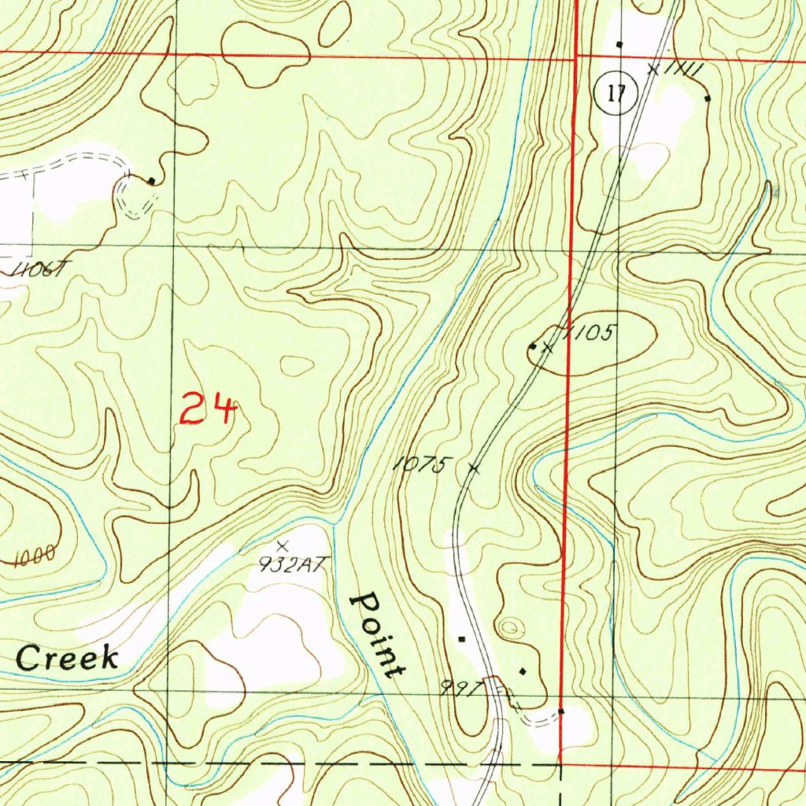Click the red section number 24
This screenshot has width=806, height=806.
coord(208,410)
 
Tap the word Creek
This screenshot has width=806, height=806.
coord(68,659)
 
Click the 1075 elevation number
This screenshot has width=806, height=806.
coord(420,465)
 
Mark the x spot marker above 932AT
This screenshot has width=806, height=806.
coord(283,545)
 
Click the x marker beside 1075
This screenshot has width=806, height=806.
coord(473,468)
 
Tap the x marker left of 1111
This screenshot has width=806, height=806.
coord(653,69)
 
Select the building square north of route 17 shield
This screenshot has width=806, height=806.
coord(619,44)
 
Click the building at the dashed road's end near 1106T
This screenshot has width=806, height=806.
coord(151,181)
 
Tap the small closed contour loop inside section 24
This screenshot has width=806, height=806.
coord(298,365)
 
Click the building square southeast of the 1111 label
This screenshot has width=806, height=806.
coord(707,98)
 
